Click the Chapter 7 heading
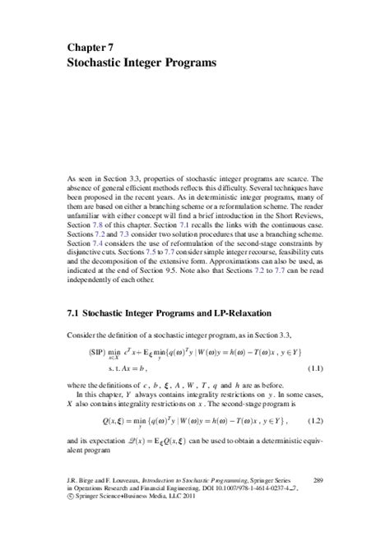pos(91,48)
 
